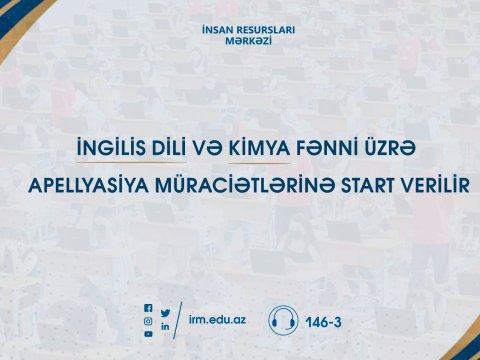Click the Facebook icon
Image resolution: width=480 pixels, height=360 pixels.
[x=149, y=308]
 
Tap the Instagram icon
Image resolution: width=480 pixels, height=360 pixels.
[x=149, y=321]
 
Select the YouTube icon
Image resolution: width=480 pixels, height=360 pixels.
[x=149, y=334]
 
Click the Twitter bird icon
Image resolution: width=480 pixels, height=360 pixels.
[x=165, y=314]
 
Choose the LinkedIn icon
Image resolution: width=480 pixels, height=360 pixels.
[x=165, y=327]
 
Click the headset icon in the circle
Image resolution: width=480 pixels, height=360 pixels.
[x=283, y=320]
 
